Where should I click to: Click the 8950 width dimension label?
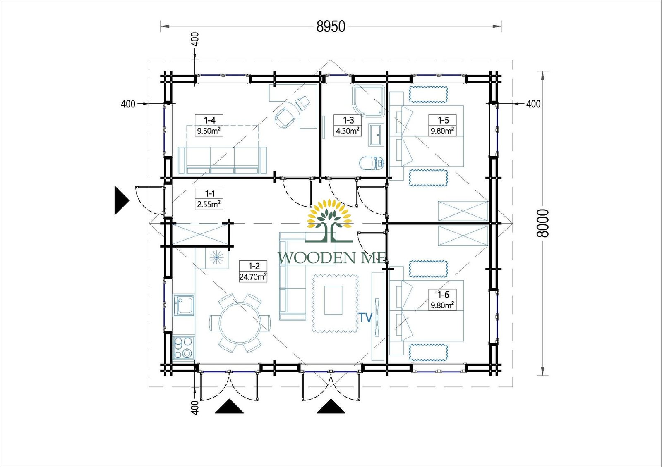click(331, 26)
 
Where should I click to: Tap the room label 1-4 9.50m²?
click(209, 126)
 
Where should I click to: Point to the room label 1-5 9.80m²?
click(443, 126)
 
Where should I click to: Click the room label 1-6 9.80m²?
click(443, 300)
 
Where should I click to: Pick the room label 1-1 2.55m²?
click(209, 199)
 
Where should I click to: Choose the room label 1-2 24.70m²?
click(253, 272)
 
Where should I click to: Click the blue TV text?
click(365, 317)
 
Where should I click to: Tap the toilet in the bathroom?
click(371, 164)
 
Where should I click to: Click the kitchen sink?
click(184, 305)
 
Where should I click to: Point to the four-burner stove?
click(183, 348)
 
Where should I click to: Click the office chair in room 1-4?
click(285, 118)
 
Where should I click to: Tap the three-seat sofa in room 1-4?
click(222, 160)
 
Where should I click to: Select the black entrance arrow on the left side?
click(121, 200)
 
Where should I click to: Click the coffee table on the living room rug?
click(333, 300)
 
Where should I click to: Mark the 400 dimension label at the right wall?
click(533, 104)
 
